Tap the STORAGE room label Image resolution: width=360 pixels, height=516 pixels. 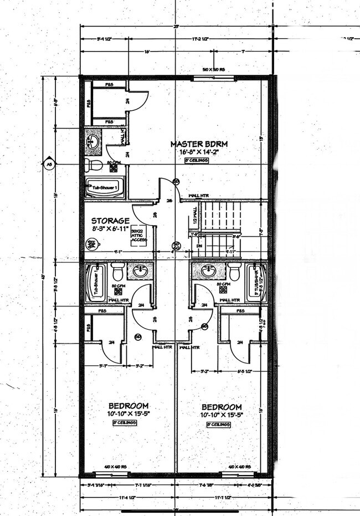(111, 221)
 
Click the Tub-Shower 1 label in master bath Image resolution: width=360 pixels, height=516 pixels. (104, 188)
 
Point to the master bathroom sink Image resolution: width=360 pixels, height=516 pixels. (94, 141)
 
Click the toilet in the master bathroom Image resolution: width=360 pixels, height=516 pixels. (95, 165)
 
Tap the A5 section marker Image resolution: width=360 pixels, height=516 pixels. (49, 164)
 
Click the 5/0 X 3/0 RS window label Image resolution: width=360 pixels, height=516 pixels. (213, 70)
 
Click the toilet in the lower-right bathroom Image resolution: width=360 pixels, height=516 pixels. (234, 272)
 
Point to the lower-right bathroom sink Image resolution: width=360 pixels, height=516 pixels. (209, 271)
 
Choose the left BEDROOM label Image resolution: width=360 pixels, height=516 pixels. (128, 405)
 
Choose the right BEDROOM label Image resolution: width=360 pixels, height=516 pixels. (221, 406)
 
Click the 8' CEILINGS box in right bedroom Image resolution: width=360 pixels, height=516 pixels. (218, 424)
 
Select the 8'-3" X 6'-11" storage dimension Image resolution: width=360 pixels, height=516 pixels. (111, 228)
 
